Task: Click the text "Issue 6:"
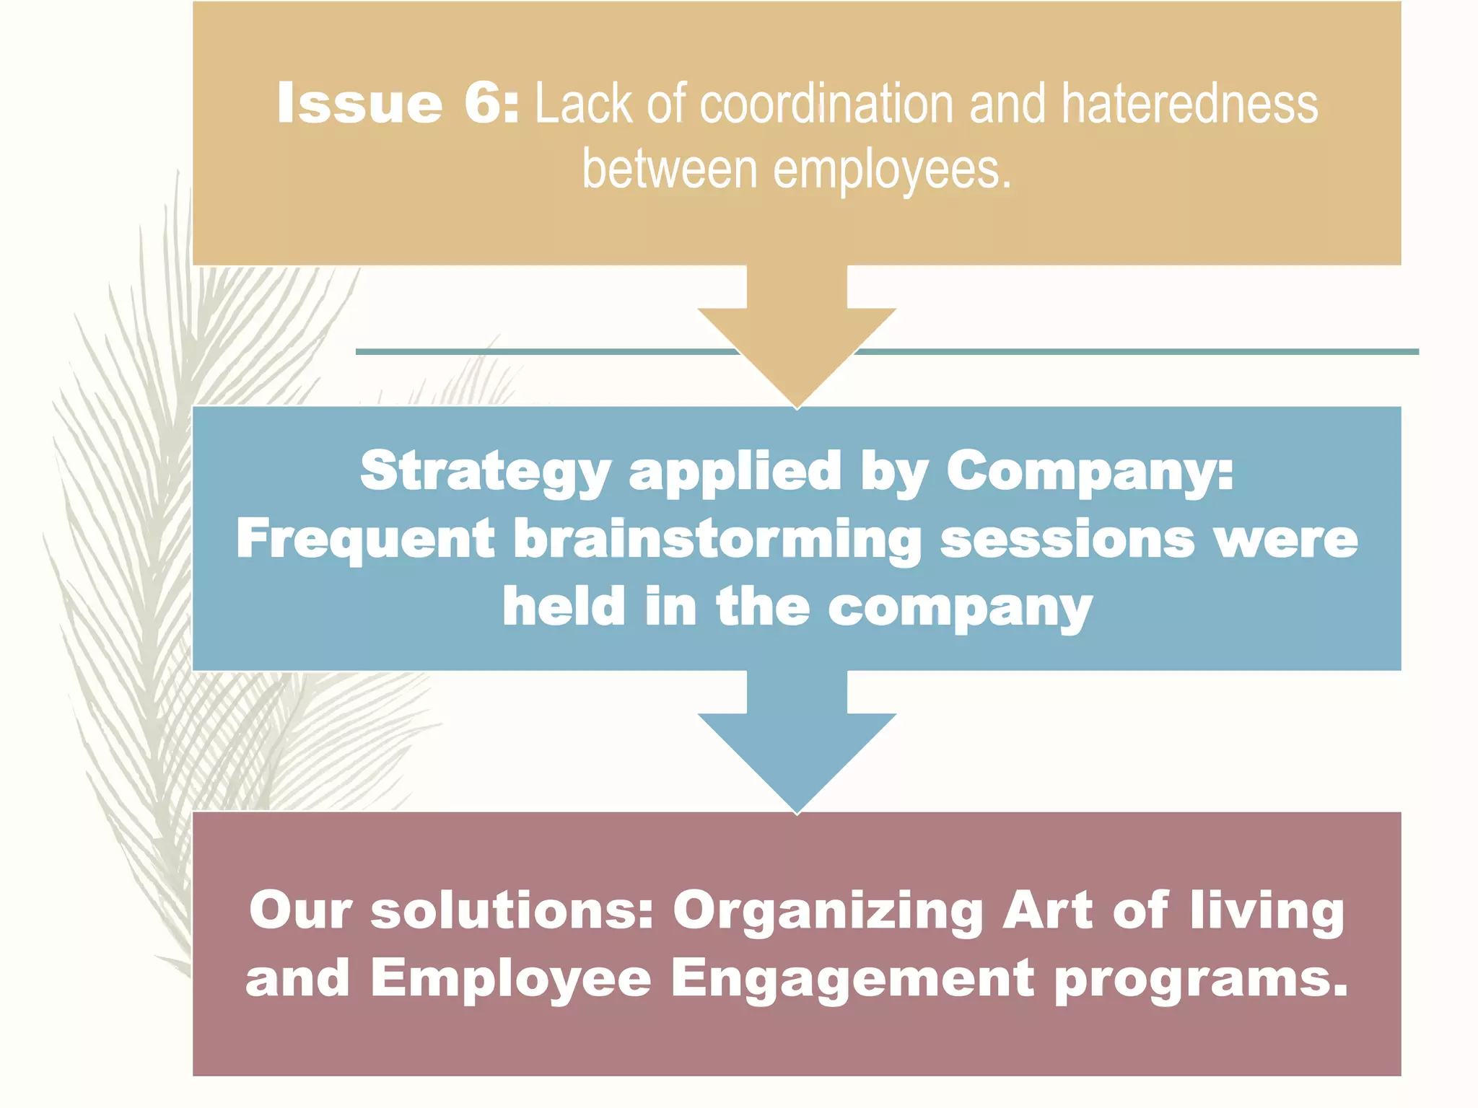(x=398, y=103)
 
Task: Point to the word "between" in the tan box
(x=670, y=170)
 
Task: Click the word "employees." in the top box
(x=893, y=171)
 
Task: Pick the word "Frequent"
(x=365, y=540)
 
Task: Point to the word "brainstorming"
(x=717, y=540)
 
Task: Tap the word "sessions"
(x=1068, y=540)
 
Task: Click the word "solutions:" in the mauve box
(x=512, y=910)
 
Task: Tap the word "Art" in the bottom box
(x=1048, y=910)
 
